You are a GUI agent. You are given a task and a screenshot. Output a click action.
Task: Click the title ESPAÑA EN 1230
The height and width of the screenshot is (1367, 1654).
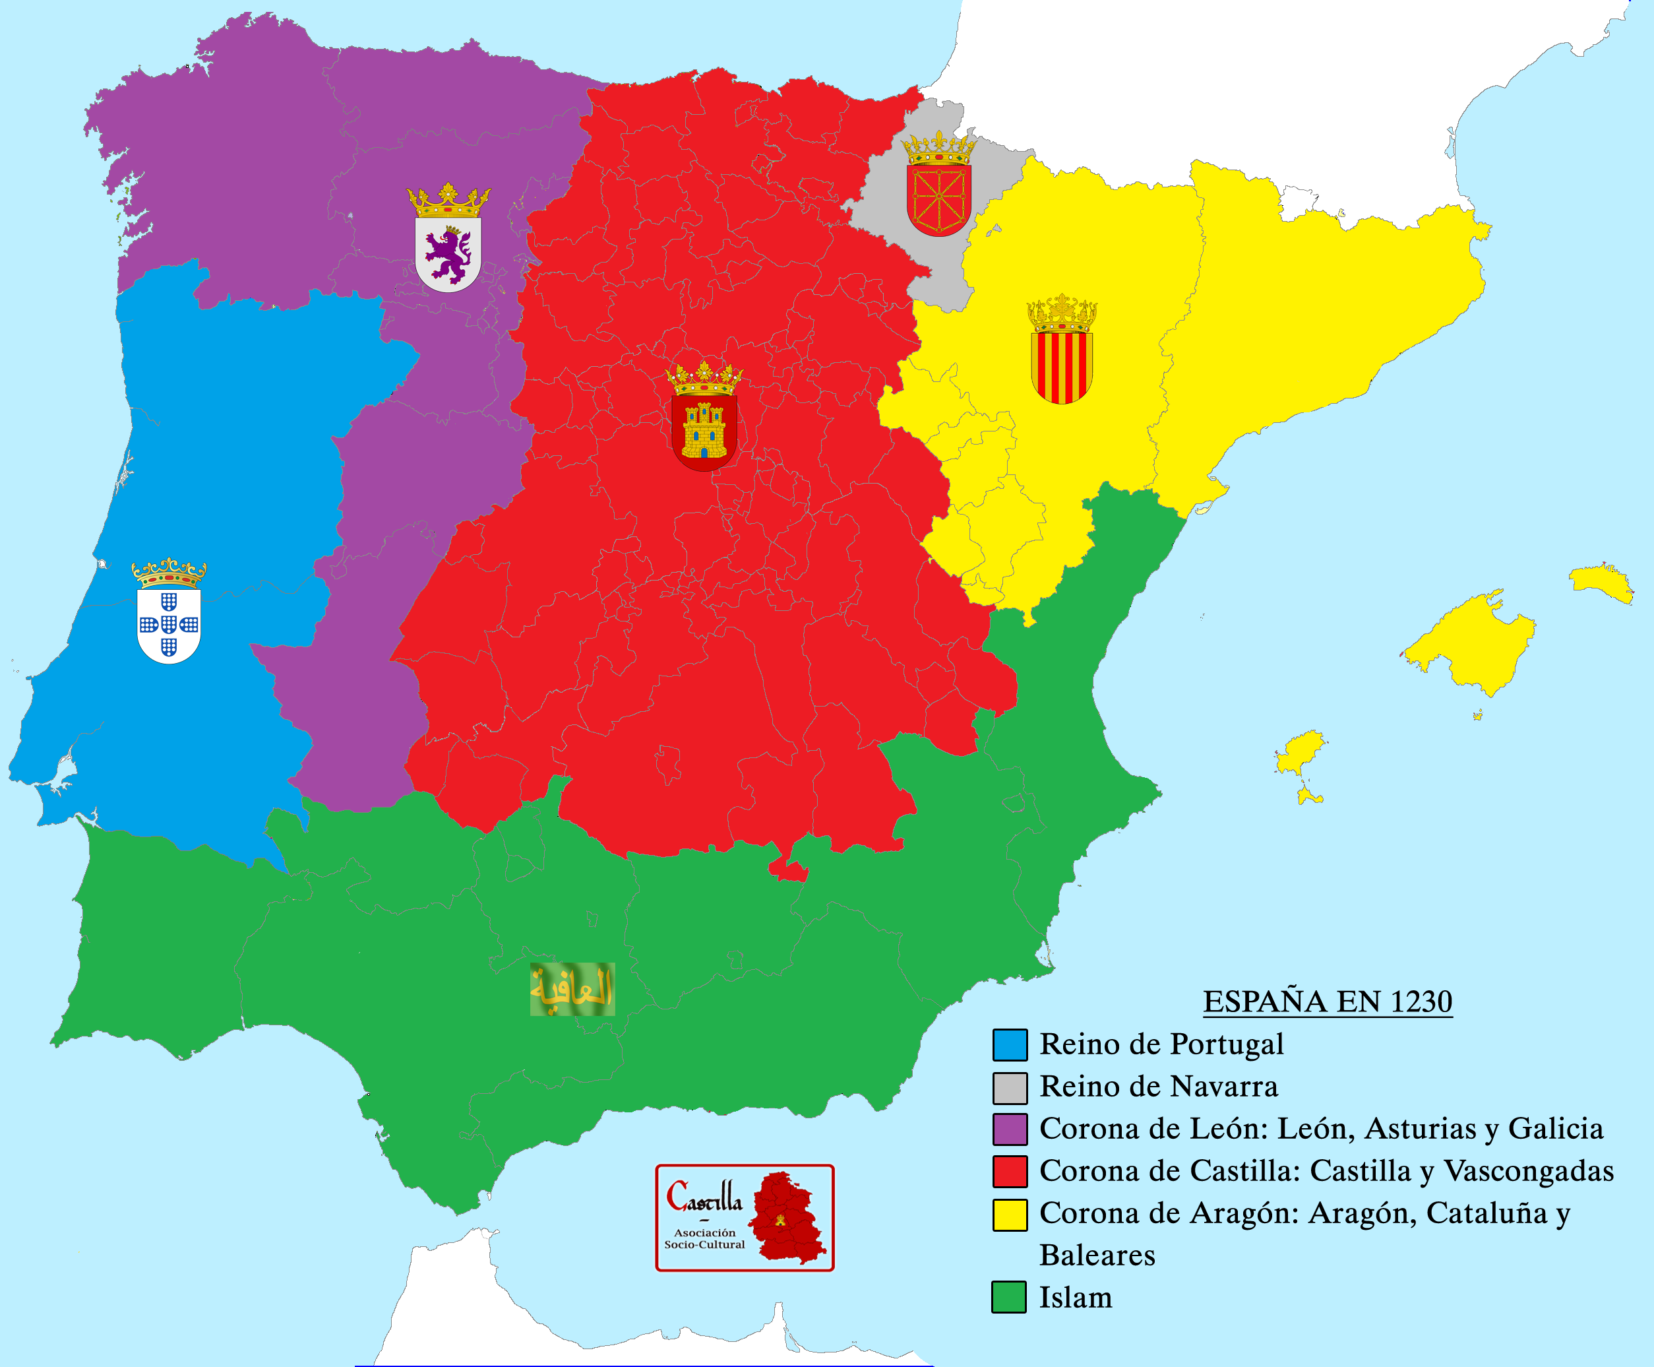(x=1328, y=1001)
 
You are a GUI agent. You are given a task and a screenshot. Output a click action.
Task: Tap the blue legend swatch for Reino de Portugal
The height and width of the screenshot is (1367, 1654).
(x=1009, y=1045)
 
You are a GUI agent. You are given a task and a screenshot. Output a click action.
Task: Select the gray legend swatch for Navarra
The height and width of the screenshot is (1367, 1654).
(x=1009, y=1087)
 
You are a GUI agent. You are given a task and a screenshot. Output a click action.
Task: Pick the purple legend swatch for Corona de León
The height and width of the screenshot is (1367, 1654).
(x=1009, y=1129)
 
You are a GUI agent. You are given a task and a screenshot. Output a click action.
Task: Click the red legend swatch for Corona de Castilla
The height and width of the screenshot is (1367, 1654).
(x=1009, y=1172)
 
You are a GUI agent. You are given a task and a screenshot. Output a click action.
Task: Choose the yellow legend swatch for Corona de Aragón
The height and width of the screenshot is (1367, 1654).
(x=1009, y=1214)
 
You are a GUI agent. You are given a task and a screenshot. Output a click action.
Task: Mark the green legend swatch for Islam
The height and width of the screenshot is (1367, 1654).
(x=1008, y=1298)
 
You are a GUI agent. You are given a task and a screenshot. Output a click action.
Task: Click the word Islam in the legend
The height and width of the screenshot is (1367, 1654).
(x=1076, y=1298)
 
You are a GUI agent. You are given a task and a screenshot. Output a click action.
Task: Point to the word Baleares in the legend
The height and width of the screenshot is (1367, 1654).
(x=1097, y=1256)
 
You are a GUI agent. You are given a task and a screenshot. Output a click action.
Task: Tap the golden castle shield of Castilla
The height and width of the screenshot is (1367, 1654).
(x=704, y=429)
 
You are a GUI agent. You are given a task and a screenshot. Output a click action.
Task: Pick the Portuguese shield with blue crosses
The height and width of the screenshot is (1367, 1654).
(x=168, y=623)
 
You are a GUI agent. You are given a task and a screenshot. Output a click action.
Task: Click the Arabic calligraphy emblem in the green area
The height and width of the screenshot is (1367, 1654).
(x=572, y=989)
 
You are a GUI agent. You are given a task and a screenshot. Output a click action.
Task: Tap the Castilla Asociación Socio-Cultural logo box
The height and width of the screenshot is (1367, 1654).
(x=744, y=1217)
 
